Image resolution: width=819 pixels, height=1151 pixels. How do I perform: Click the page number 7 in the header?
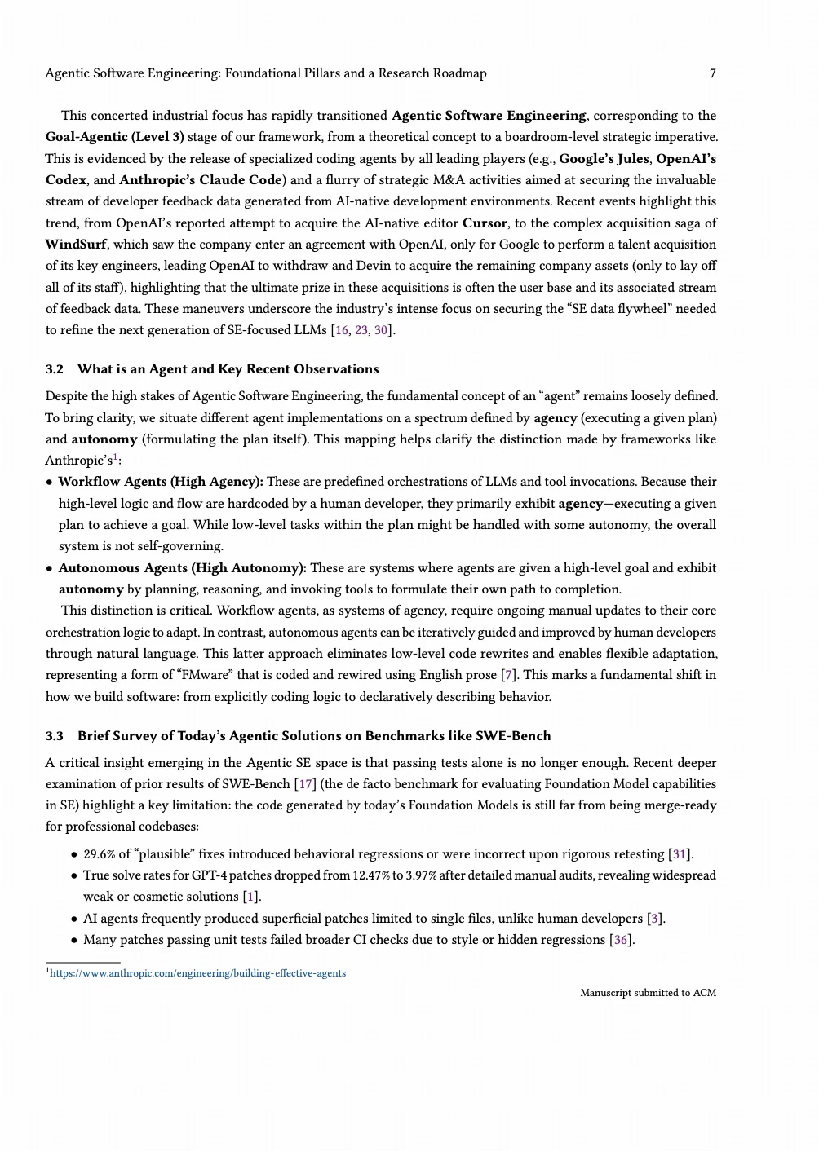(712, 73)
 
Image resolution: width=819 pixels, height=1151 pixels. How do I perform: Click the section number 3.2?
(54, 369)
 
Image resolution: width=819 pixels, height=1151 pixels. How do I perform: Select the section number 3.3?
(54, 736)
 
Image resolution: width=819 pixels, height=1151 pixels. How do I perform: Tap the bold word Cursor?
(486, 223)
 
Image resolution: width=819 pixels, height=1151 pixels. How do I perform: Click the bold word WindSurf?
(76, 245)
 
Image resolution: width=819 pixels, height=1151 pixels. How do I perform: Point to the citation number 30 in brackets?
(381, 330)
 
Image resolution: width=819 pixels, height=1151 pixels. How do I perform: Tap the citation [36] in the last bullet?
(622, 940)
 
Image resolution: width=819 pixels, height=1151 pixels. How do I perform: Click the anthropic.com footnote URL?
(197, 973)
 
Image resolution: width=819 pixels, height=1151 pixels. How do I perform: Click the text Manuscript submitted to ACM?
(648, 993)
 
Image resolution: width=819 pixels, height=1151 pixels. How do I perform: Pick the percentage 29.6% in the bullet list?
(100, 854)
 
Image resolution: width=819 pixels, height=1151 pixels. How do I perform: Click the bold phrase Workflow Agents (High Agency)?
(161, 482)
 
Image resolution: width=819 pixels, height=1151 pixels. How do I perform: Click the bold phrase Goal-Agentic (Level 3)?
(114, 137)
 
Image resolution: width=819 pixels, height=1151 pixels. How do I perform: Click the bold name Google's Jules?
(604, 159)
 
